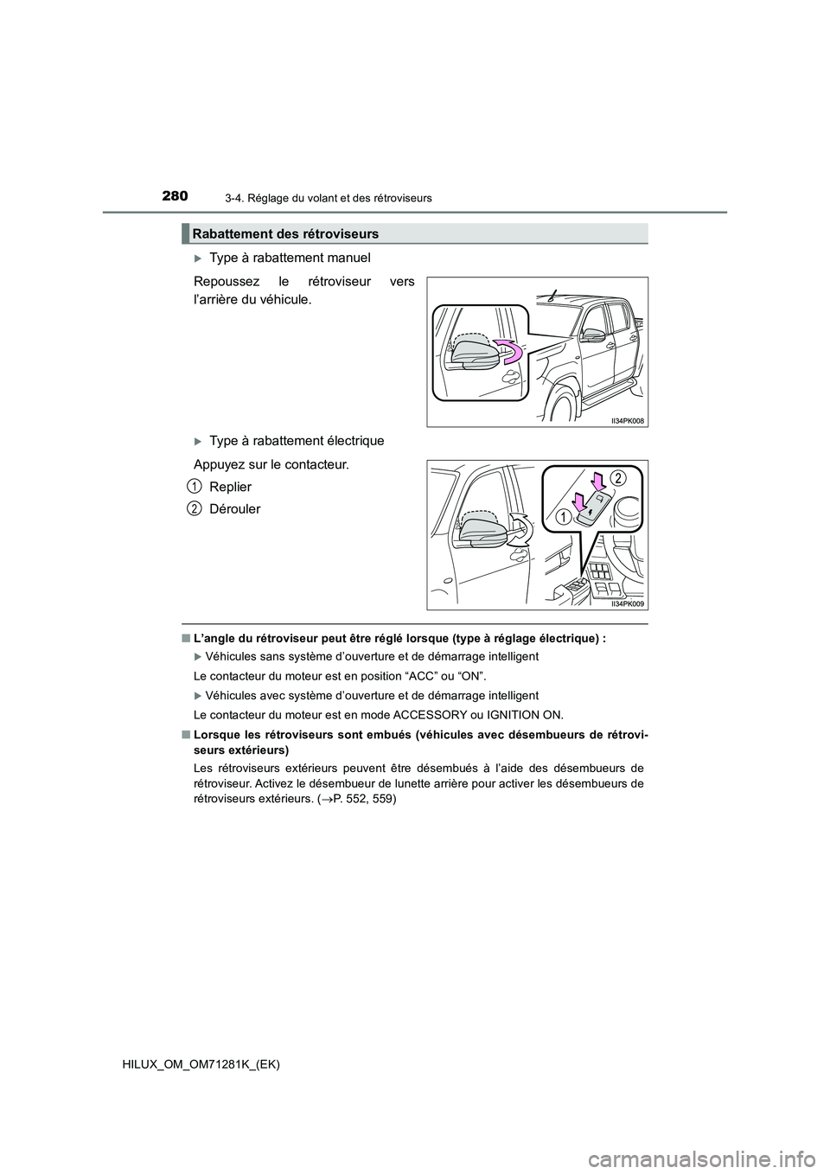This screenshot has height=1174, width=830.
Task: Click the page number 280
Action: coord(174,196)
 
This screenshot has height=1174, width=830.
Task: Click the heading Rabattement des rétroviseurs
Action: coord(285,233)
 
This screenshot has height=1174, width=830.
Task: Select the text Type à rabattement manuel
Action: coord(290,257)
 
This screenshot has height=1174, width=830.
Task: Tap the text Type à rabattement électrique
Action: coord(297,441)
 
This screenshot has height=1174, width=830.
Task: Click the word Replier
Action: coord(230,487)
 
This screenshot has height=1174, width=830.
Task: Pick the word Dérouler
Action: coord(234,509)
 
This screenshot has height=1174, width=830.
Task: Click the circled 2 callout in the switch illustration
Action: coord(617,478)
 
